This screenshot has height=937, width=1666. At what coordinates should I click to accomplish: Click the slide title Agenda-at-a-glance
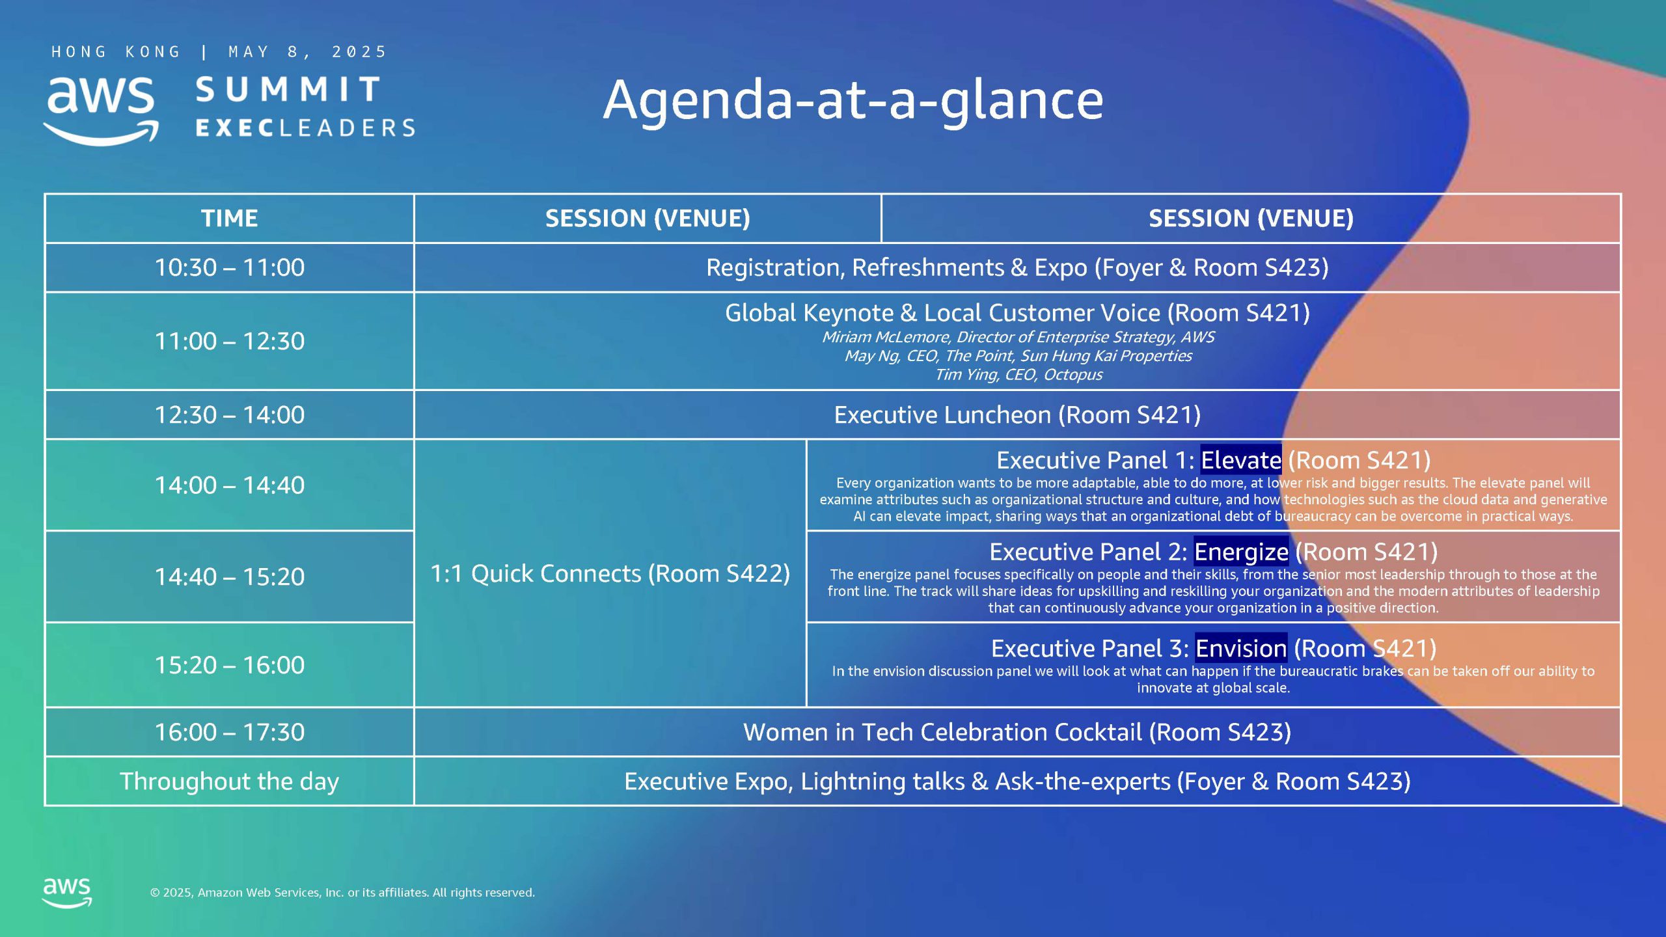[x=853, y=101]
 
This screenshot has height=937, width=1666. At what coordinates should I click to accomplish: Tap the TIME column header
[x=229, y=218]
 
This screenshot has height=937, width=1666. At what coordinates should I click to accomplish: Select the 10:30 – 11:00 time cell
[x=229, y=267]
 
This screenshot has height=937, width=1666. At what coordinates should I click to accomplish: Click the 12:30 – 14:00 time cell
[x=229, y=414]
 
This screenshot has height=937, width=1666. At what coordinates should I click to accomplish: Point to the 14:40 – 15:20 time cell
[x=229, y=577]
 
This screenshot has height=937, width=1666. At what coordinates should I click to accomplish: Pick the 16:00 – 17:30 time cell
[x=229, y=732]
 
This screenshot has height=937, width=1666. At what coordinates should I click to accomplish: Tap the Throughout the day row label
[x=229, y=781]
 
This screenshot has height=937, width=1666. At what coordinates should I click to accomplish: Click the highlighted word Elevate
[x=1241, y=460]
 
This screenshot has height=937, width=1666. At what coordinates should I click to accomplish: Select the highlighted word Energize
[x=1241, y=552]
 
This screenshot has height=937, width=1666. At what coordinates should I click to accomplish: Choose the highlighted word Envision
[x=1241, y=648]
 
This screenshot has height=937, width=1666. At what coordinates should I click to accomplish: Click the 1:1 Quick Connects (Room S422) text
[x=610, y=573]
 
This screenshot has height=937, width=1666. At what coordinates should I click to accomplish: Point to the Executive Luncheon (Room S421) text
[x=1017, y=414]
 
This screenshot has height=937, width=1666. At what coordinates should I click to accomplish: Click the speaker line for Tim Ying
[x=1018, y=375]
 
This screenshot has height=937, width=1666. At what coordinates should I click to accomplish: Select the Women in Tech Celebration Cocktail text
[x=942, y=732]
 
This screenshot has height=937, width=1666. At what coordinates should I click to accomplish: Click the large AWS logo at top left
[x=101, y=111]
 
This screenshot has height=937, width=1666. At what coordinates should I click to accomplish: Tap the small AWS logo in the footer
[x=66, y=892]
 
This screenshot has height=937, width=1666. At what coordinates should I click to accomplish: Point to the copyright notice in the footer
[x=342, y=893]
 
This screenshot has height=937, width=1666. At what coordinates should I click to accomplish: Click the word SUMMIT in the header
[x=287, y=89]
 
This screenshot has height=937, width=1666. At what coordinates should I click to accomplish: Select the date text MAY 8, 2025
[x=307, y=52]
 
